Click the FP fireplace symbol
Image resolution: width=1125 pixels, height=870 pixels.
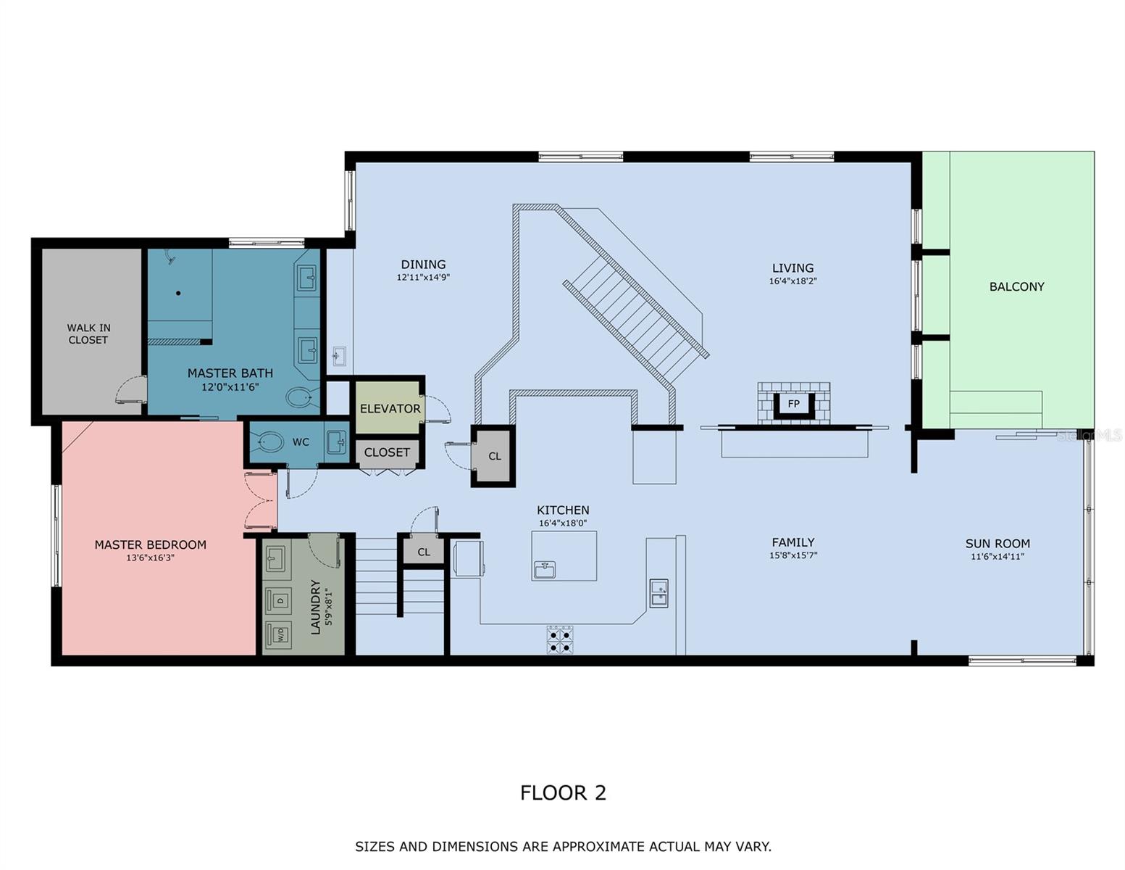coord(793,403)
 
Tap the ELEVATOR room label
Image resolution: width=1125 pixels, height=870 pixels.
coord(390,409)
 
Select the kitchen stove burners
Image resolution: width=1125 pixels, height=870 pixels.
coord(559,639)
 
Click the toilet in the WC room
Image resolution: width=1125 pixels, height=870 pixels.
coord(271,442)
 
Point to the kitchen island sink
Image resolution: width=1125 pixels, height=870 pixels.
coord(545,570)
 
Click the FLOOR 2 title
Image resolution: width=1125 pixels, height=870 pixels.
coord(563,792)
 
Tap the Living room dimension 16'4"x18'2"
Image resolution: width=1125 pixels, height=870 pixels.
coord(792,281)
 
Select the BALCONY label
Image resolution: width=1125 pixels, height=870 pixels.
coord(1016,287)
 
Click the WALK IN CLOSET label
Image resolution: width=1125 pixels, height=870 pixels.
coord(88,333)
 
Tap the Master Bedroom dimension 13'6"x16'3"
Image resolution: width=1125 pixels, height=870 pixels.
coord(150,558)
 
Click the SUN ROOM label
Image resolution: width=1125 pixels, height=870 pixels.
coord(997,544)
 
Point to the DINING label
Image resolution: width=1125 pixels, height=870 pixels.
coord(423,265)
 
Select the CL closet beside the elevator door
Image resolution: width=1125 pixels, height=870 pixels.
coord(494,456)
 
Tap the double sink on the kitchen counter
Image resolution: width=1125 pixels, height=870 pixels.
coord(658,593)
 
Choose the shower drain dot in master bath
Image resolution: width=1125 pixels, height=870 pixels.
coord(178,293)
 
